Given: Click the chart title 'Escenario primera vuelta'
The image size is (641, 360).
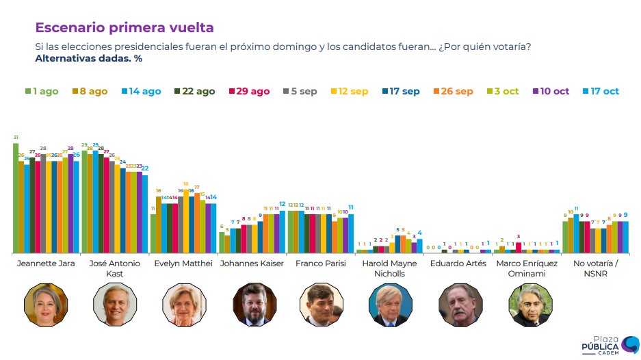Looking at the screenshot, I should point(125,27).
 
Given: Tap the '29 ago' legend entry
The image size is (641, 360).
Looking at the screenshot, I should point(249,91).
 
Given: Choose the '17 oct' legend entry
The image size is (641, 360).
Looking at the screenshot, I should point(601,91).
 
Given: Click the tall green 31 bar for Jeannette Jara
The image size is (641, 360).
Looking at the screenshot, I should point(16,198).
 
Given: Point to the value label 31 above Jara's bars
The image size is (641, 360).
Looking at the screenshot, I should point(16,138).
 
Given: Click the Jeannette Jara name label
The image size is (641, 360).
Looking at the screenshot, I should point(45,263).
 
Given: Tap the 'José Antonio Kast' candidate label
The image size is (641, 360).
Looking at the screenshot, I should point(114,268).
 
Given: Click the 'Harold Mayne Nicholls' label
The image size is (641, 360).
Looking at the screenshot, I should point(389,268).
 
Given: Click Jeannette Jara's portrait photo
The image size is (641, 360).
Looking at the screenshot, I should point(44,305).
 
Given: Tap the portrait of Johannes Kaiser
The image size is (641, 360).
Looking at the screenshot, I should point(252,305).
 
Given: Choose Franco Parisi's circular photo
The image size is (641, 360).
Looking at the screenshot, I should point(320,305).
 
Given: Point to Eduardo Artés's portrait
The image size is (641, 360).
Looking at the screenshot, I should point(458,305).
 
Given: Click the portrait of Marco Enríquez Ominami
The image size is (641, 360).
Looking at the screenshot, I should point(527,305).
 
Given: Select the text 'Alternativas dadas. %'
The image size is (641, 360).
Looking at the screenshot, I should point(88,58).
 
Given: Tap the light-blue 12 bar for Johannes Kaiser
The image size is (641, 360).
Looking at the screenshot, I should point(283,233).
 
